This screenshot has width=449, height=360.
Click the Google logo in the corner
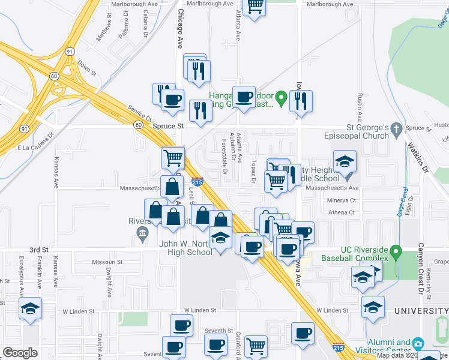[20, 352]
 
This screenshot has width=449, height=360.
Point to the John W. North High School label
[185, 248]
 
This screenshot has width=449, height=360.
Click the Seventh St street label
[218, 331]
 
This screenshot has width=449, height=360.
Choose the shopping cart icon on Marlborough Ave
[255, 6]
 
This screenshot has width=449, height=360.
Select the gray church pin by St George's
[396, 128]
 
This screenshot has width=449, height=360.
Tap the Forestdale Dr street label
[224, 158]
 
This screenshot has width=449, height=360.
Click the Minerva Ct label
[342, 200]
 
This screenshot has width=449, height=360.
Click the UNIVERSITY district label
[421, 310]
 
